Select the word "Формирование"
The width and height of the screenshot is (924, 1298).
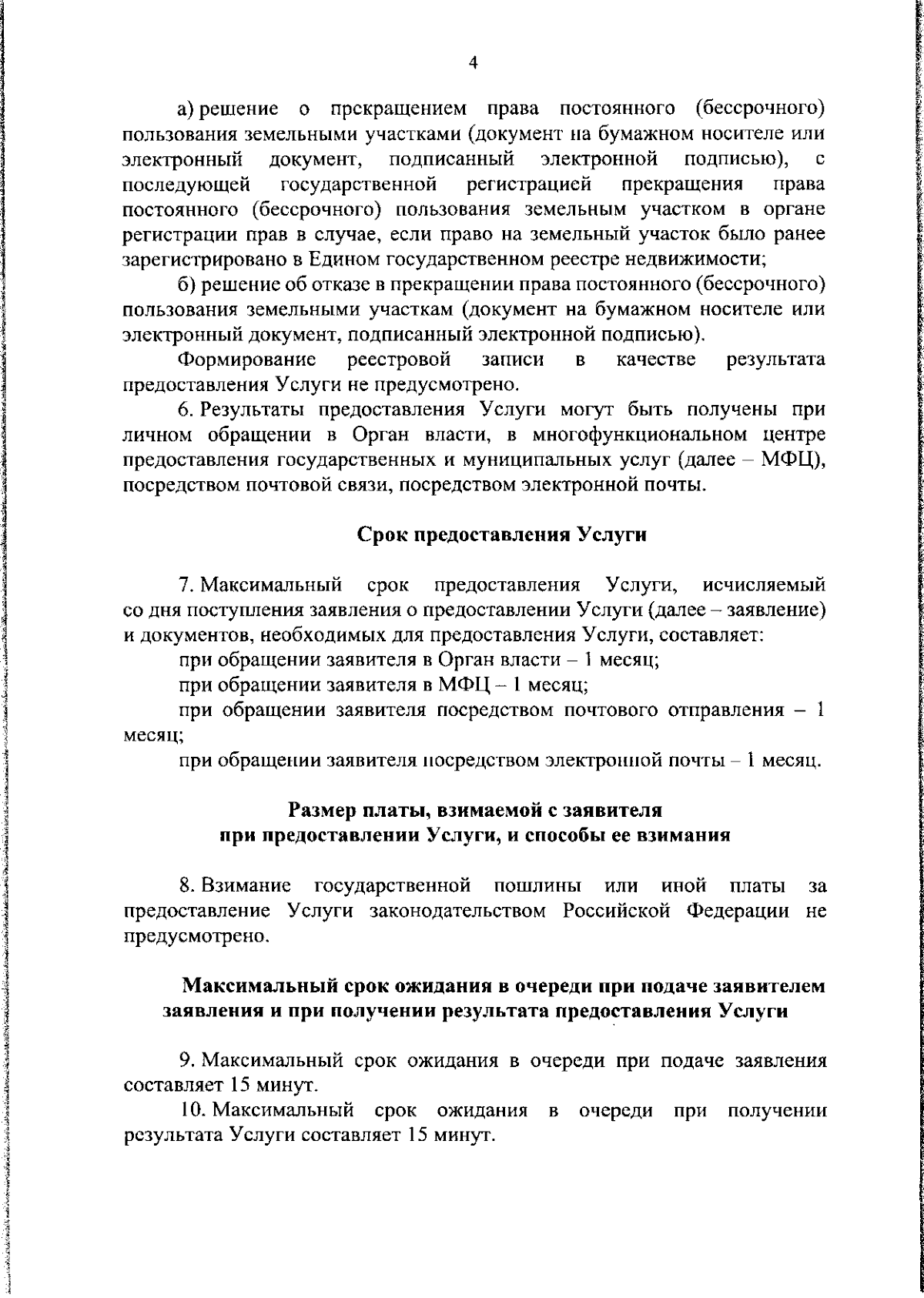click(x=247, y=360)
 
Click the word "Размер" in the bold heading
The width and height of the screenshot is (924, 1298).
click(x=322, y=810)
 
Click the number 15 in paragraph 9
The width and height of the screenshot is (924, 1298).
click(x=236, y=1086)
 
